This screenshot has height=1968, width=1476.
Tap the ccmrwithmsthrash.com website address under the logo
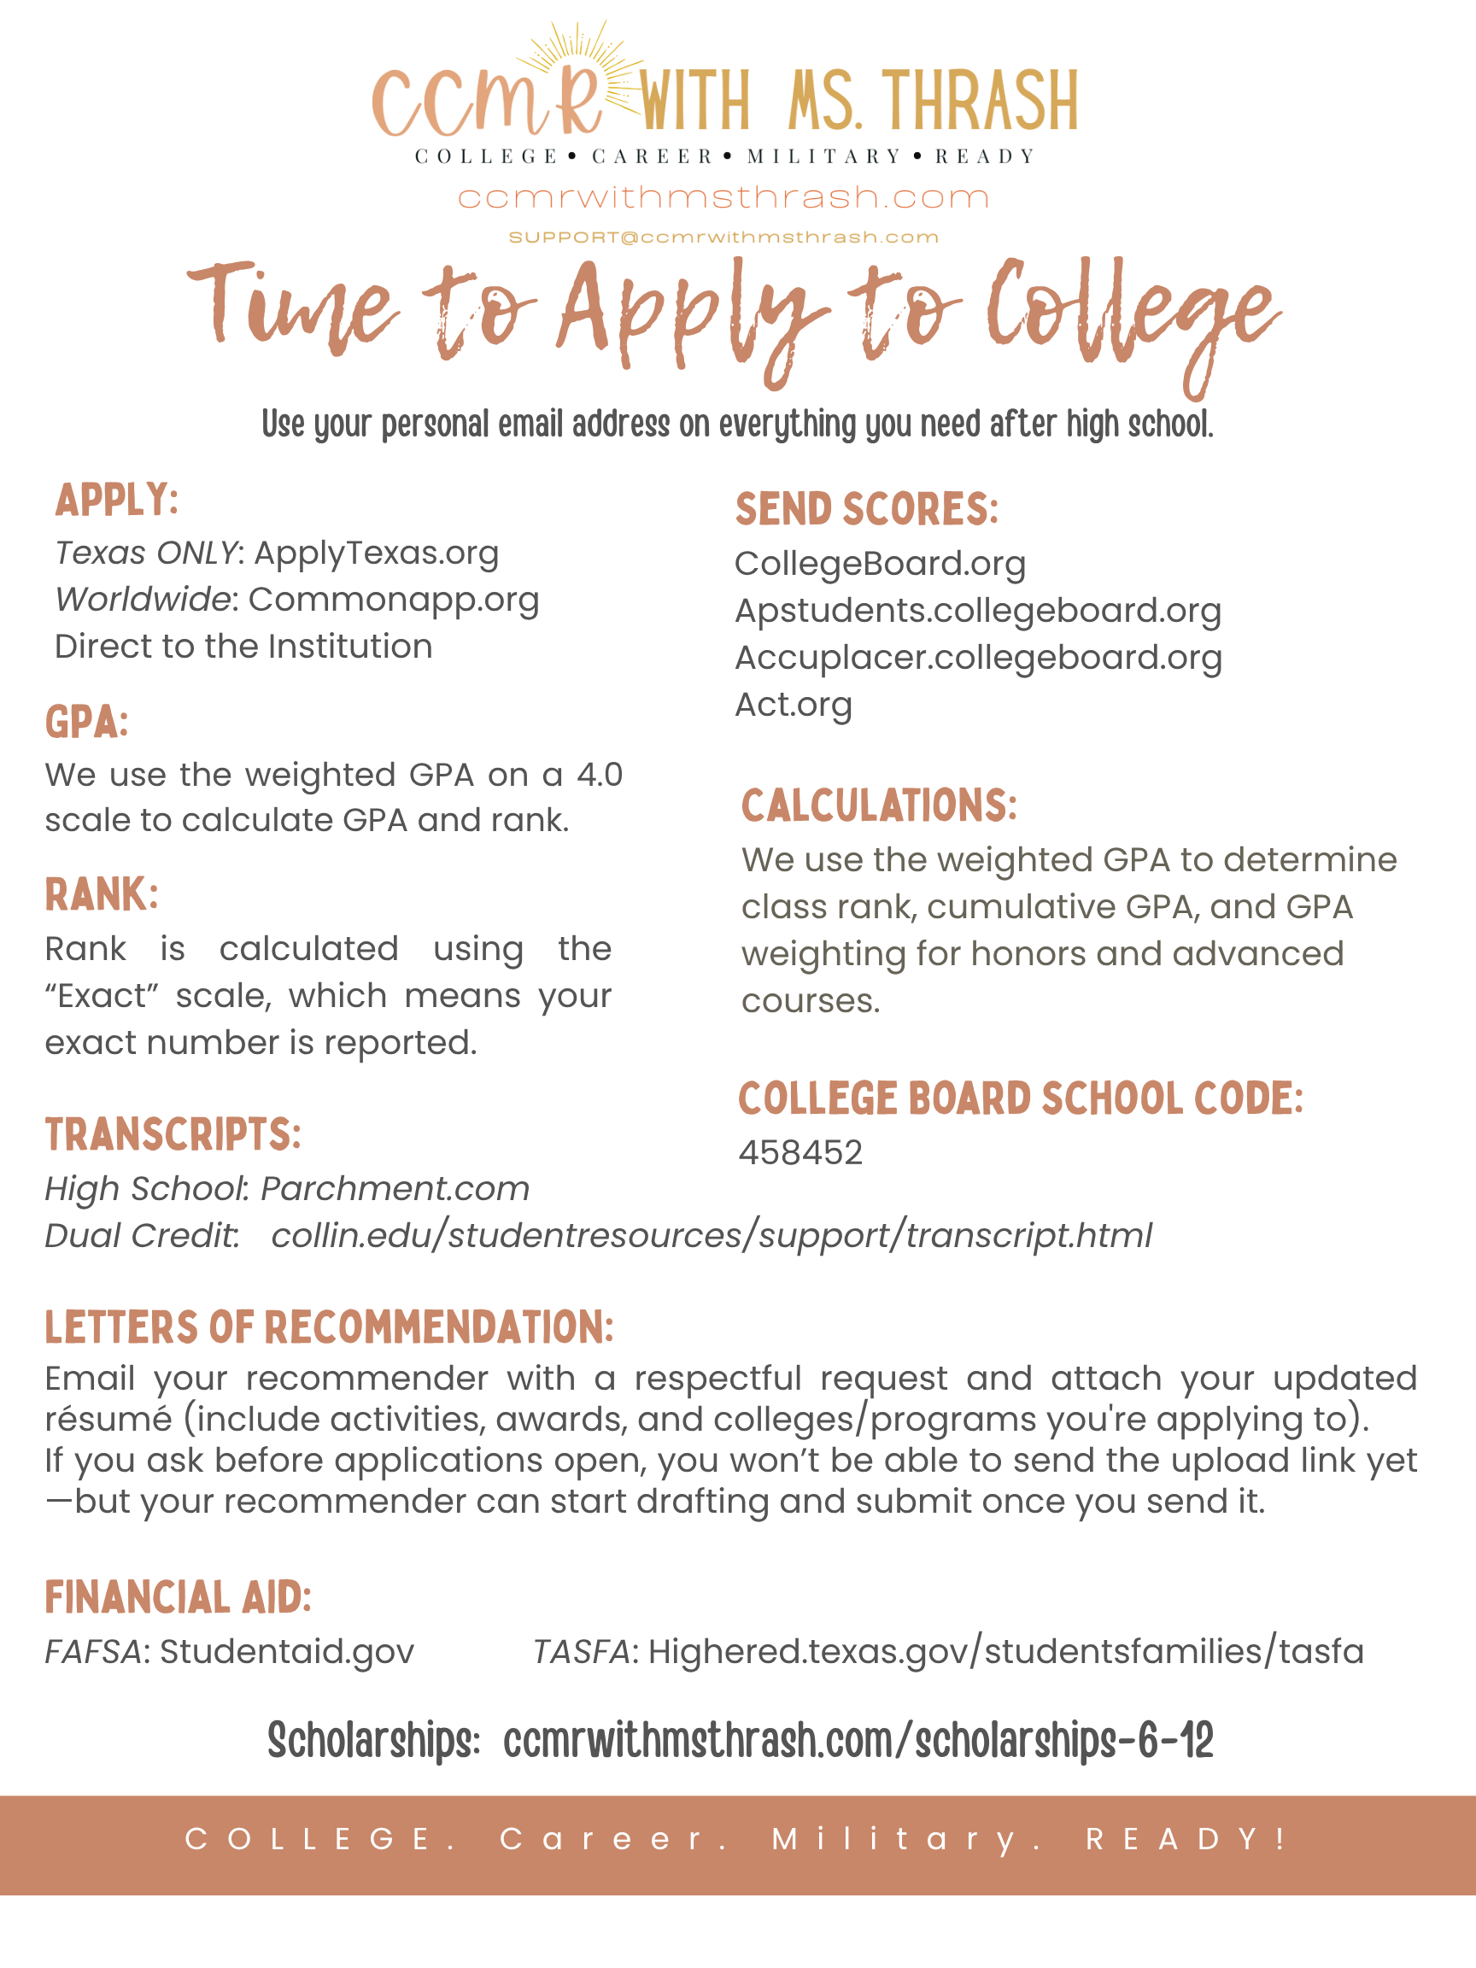(723, 196)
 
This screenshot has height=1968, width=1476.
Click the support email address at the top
(723, 237)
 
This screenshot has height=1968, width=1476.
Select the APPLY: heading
(116, 499)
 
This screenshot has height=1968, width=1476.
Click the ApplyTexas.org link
(377, 553)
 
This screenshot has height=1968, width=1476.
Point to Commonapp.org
(393, 600)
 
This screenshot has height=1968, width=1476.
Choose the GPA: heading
(87, 722)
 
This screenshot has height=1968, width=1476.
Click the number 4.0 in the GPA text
(600, 775)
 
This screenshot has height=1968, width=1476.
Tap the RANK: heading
(102, 894)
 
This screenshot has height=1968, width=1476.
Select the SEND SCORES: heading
(867, 509)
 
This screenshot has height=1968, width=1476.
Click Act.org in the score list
(793, 705)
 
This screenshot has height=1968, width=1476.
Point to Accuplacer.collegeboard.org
(978, 658)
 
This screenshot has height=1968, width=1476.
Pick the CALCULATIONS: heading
(878, 805)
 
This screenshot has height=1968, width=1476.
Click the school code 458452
(799, 1153)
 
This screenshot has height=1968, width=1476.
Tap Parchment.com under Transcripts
(394, 1190)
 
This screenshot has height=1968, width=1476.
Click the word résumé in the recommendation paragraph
(108, 1419)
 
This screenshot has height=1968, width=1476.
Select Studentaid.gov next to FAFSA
(286, 1652)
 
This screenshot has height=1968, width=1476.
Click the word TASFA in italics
(581, 1652)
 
